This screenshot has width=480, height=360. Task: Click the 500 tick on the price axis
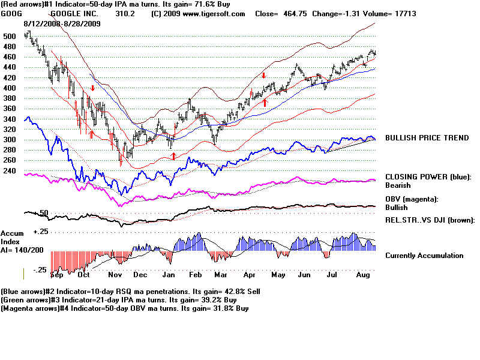[8, 36]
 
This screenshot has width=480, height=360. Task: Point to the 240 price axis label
[8, 170]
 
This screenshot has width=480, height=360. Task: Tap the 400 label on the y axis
[8, 88]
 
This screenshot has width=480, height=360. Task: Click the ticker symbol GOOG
[11, 13]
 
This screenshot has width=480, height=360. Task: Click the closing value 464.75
[293, 13]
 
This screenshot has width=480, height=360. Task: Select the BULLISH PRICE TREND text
[427, 138]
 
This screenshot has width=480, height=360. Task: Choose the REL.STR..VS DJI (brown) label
[430, 220]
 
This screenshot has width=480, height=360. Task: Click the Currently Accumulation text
[424, 256]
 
